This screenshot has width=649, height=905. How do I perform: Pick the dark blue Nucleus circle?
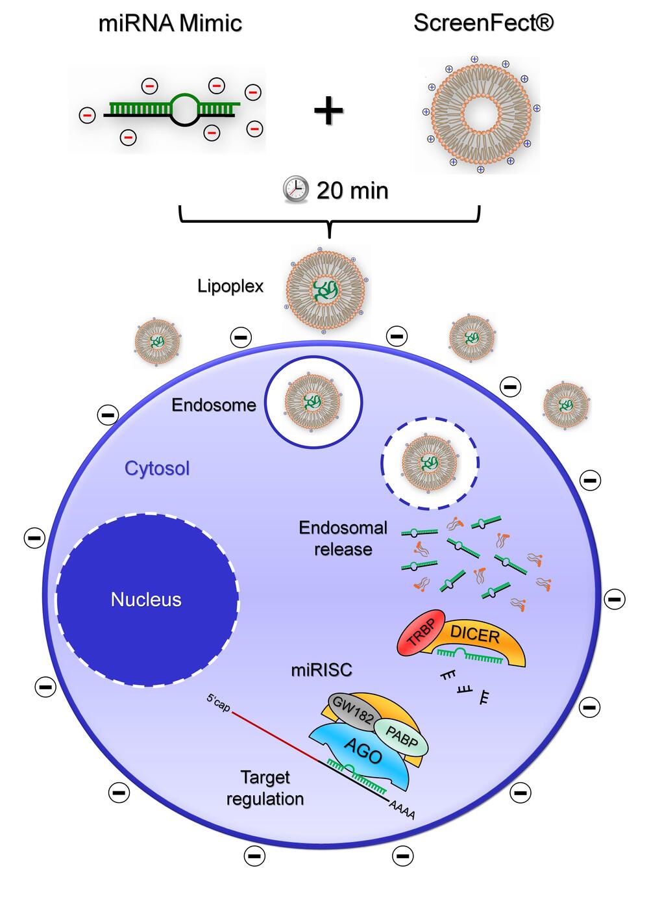147,599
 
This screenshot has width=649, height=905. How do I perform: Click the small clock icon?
296,189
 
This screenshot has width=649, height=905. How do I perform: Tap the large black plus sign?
328,110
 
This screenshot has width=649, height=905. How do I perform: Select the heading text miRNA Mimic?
170,23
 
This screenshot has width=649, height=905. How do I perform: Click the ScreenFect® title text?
484,23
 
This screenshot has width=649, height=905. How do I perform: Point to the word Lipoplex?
230,286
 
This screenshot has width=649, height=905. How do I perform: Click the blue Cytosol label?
157,468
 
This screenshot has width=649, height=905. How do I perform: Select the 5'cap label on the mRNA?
218,704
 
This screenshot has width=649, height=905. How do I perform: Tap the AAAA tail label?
402,810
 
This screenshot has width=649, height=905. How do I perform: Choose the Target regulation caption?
265,787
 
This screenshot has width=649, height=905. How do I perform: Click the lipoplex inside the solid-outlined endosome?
312,402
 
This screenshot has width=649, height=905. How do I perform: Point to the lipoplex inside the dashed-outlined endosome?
429,463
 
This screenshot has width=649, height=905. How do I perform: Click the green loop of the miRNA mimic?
185,103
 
